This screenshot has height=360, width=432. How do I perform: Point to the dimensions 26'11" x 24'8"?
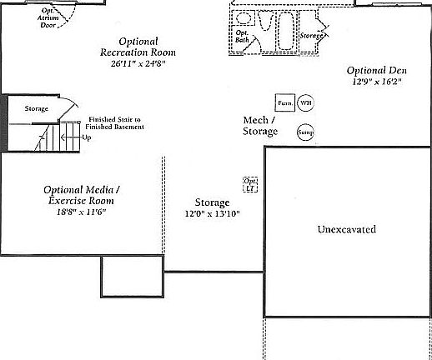point(138,62)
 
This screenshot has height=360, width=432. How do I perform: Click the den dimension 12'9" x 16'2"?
point(375,82)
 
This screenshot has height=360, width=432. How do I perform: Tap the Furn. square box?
point(285,102)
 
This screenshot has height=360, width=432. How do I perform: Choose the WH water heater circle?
point(306,102)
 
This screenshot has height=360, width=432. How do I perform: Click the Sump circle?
point(305,132)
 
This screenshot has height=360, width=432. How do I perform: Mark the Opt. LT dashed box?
point(249,184)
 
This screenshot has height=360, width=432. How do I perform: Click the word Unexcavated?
point(347,229)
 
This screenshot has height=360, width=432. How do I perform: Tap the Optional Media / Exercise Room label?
point(78,195)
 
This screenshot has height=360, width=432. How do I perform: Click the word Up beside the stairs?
point(86,137)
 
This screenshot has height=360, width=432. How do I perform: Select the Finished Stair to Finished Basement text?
point(116,123)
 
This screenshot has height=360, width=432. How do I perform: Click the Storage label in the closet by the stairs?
point(36,108)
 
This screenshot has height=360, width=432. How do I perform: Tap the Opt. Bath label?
point(243,36)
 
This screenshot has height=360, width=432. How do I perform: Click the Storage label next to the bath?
point(314,36)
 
